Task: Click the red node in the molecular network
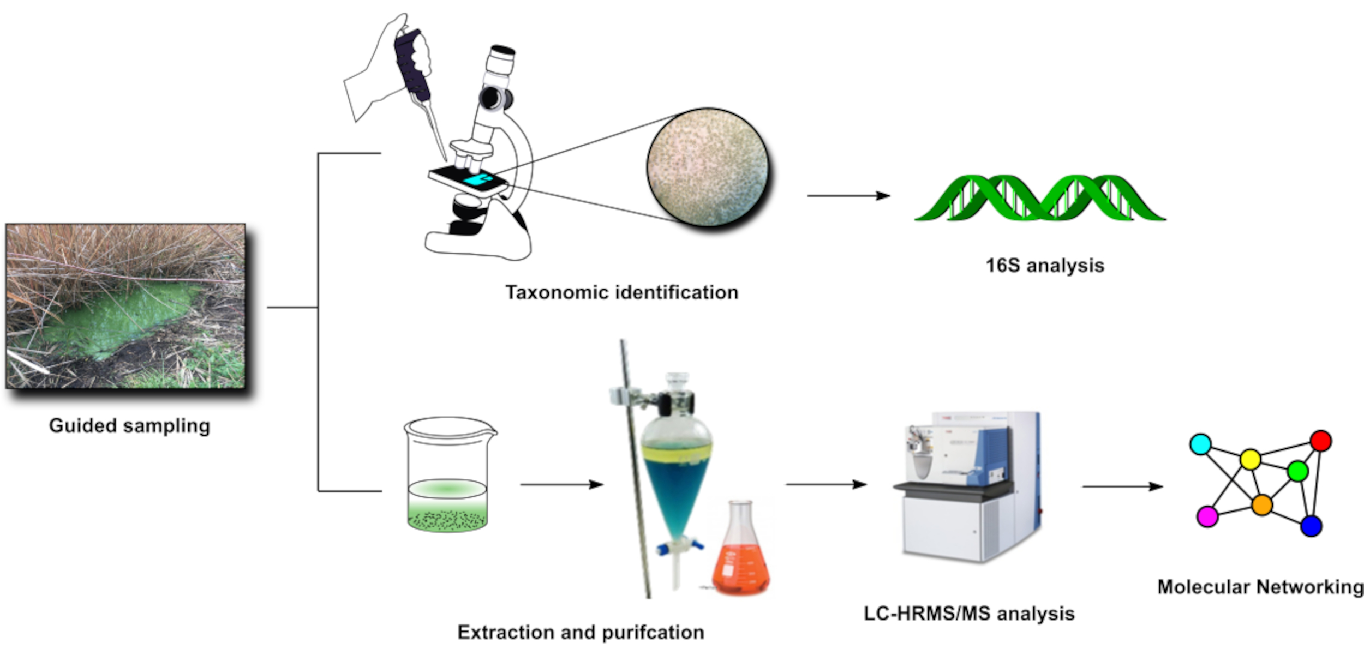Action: click(1320, 441)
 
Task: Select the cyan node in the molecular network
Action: click(1200, 444)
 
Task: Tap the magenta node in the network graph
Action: click(1207, 516)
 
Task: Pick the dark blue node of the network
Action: click(1311, 526)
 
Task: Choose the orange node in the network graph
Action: click(1262, 505)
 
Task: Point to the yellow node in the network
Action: click(1250, 460)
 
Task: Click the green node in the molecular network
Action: click(1297, 471)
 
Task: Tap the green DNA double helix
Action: click(1039, 197)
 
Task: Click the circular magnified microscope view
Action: click(708, 167)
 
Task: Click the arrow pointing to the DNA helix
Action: click(848, 195)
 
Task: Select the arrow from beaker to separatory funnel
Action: click(561, 484)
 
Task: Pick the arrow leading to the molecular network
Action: click(1122, 486)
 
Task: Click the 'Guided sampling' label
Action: click(129, 426)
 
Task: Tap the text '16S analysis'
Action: click(1044, 266)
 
